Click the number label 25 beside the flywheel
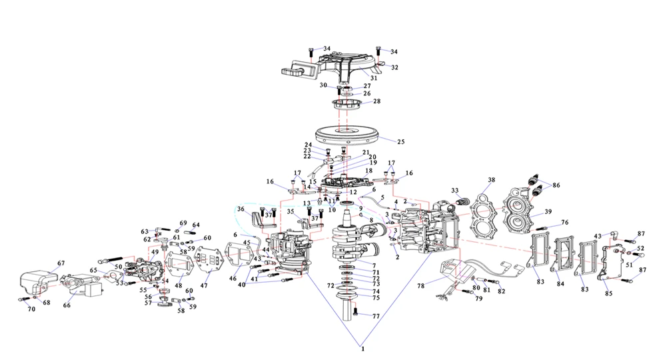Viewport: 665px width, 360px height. (x=400, y=141)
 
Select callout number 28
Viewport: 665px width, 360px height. (x=376, y=102)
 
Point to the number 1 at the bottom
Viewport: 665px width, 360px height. (x=362, y=349)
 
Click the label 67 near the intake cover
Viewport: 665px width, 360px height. (x=61, y=263)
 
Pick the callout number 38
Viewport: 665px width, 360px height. (x=491, y=180)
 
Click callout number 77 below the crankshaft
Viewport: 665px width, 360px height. (x=376, y=316)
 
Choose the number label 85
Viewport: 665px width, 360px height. (x=608, y=293)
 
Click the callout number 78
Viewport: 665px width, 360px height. (x=421, y=285)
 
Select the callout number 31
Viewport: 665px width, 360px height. (x=373, y=78)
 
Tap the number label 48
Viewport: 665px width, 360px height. (x=179, y=286)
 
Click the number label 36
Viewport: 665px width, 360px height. (x=240, y=209)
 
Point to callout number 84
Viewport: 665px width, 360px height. (x=560, y=285)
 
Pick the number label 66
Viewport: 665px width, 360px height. (x=66, y=305)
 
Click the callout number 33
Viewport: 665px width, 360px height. (x=455, y=190)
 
